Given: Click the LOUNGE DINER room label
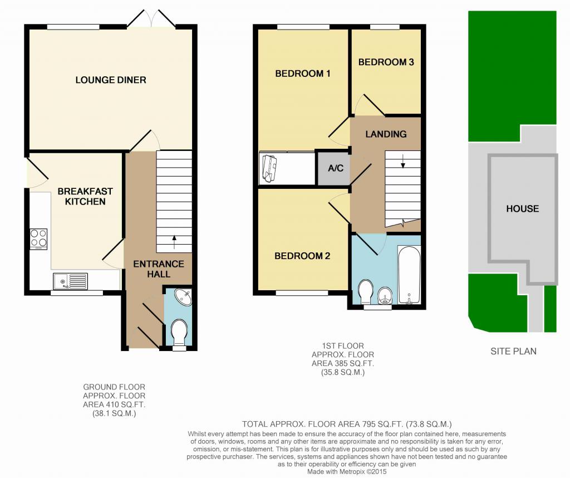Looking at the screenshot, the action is (x=111, y=80).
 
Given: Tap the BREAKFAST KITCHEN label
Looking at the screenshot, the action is (x=85, y=197).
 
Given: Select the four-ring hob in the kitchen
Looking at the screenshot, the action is (x=38, y=238).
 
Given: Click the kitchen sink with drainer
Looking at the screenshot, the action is (x=70, y=281).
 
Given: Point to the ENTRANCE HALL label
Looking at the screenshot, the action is (x=159, y=269).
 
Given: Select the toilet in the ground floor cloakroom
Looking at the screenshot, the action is (x=179, y=333).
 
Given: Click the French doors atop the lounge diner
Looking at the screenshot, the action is (x=151, y=19).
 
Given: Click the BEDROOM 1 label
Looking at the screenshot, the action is (x=303, y=74).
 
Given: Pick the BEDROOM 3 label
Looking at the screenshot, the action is (x=386, y=62).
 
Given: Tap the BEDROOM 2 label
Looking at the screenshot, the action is (x=302, y=256).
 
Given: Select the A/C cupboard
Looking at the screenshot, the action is (x=335, y=168).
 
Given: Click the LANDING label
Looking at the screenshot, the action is (x=386, y=134).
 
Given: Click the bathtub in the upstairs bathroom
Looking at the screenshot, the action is (x=409, y=275).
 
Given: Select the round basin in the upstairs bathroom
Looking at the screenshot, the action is (x=385, y=295).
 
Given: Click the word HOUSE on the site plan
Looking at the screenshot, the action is (x=523, y=209).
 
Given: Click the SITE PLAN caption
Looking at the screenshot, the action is (x=513, y=352).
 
